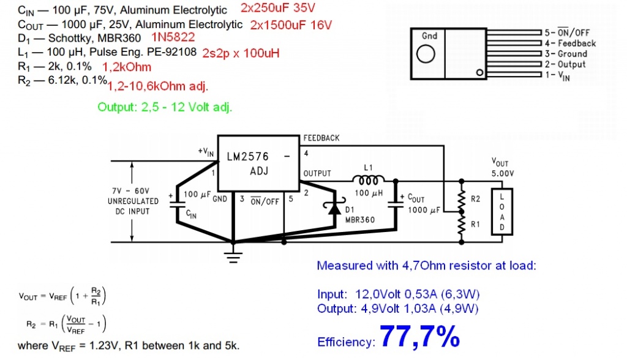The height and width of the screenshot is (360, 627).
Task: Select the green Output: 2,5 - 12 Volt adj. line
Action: click(165, 107)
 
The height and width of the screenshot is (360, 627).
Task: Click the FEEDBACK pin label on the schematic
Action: click(321, 138)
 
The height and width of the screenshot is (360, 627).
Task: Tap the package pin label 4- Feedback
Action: click(569, 43)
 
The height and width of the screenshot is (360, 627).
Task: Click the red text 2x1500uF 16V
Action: click(291, 25)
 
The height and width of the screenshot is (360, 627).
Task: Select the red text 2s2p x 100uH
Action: click(241, 53)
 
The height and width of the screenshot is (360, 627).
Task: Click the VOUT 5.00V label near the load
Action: click(503, 167)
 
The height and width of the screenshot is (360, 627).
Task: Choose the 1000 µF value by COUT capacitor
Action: click(422, 211)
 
